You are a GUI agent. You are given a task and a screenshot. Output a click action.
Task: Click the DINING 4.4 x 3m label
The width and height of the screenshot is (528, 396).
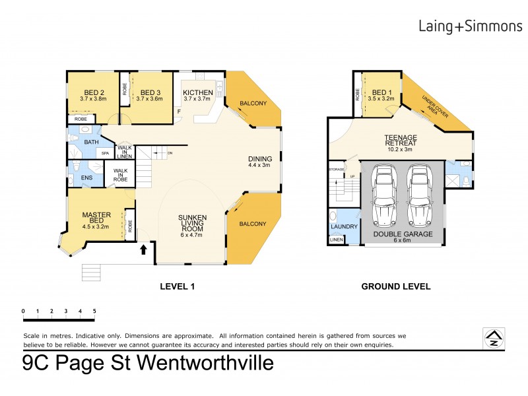click(259, 161)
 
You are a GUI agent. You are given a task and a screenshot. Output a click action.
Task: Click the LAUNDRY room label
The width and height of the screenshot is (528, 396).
click(343, 227)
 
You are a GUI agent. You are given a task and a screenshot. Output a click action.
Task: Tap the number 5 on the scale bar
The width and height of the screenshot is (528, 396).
click(94, 310)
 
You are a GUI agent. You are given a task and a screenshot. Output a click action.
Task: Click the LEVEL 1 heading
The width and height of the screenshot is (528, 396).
click(178, 286)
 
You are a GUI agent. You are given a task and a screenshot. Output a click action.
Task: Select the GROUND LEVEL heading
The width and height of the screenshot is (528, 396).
click(395, 286)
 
